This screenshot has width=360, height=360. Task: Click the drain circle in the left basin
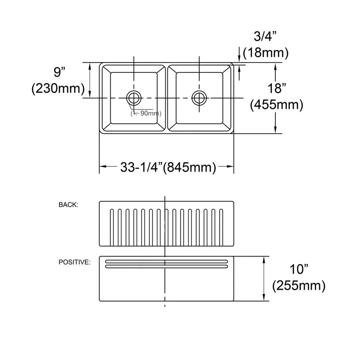(134, 97)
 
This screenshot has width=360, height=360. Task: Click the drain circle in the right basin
(199, 97)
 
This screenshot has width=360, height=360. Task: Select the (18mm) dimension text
(265, 53)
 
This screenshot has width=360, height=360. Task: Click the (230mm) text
(58, 89)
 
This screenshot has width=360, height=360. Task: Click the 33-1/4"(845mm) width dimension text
(166, 167)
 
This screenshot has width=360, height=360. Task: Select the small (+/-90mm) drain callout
(146, 113)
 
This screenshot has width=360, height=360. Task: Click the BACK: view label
(68, 205)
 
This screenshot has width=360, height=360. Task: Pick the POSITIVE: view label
(74, 262)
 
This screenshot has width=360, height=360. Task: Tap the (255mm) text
(299, 285)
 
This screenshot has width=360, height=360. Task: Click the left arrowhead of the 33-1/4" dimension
(102, 167)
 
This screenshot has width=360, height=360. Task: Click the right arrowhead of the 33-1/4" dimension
(231, 167)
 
